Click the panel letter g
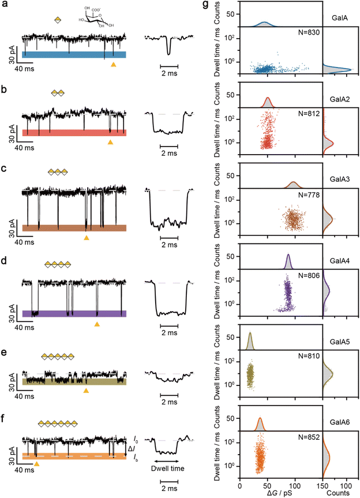coord(206,5)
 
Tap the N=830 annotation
coord(309,32)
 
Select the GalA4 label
coord(340,261)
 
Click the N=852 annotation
coord(309,437)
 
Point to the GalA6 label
coord(340,422)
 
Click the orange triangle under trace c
coord(87,238)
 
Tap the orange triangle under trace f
coord(36,464)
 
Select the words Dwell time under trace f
coord(168,469)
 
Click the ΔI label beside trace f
coord(131,449)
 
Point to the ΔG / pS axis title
coord(275,493)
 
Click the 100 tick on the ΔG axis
coord(295,486)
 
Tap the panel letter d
coord(4,261)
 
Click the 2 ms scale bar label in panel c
coord(169,245)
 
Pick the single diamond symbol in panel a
coord(58,20)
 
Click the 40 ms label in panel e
coord(24,396)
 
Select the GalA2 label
coord(340,99)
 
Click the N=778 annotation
coord(309,194)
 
